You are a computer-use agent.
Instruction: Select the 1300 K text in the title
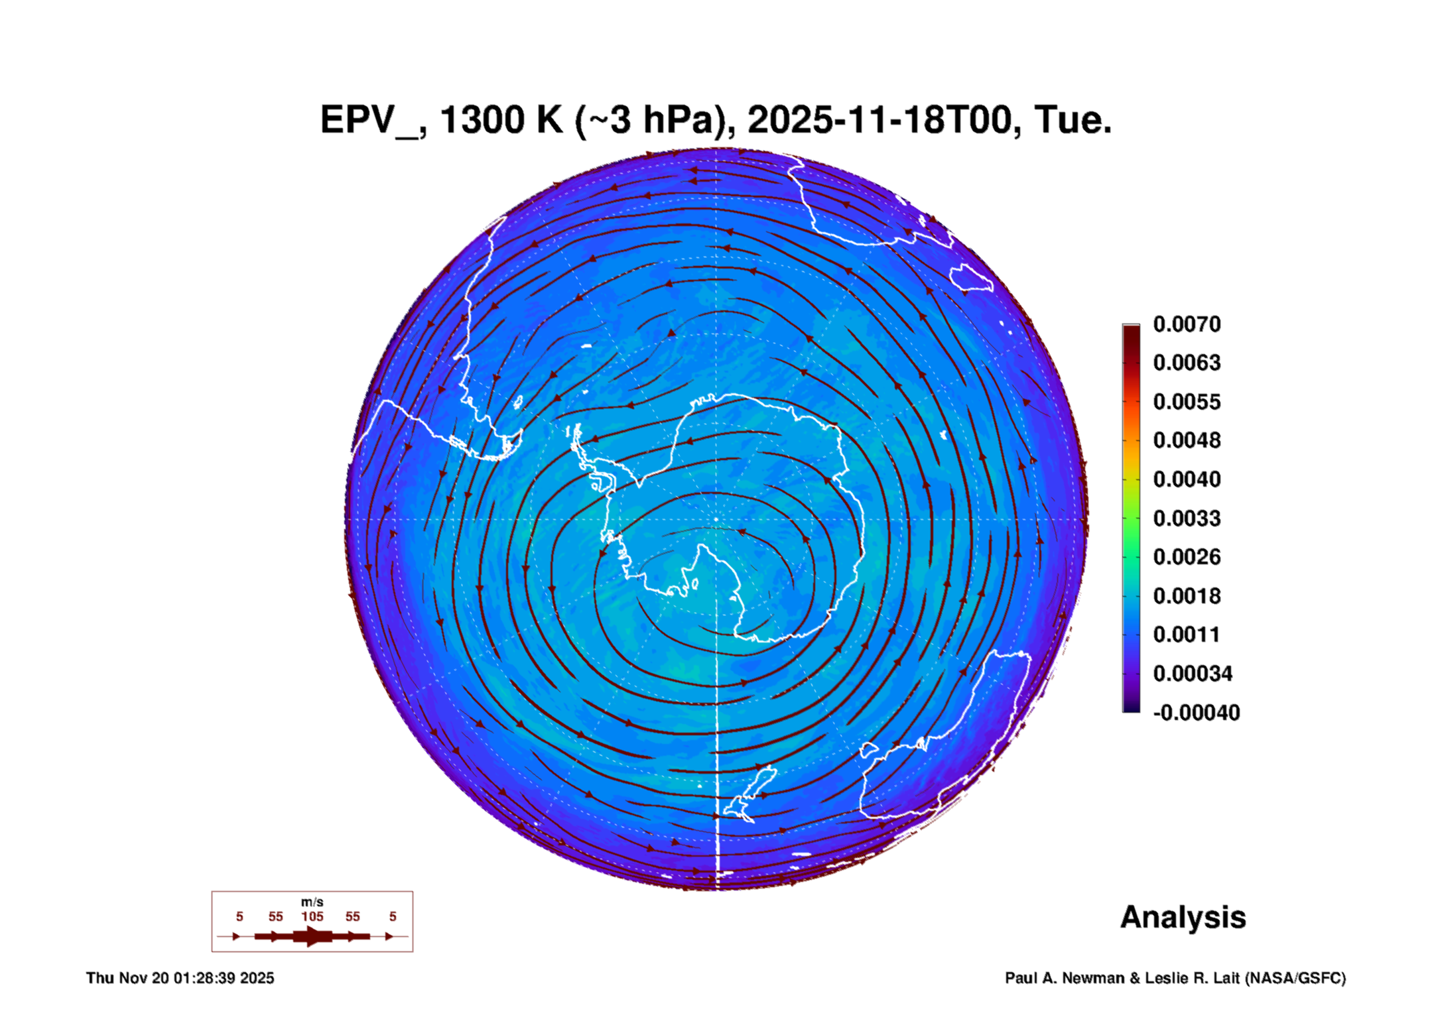coord(501,120)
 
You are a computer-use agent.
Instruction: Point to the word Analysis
coord(1183,917)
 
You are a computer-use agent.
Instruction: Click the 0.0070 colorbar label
coord(1187,324)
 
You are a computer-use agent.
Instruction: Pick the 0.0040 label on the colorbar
coord(1187,479)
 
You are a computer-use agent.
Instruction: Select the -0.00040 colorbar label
coord(1196,713)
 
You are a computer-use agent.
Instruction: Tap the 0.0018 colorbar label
coord(1187,596)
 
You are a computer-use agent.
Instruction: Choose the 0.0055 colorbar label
coord(1187,402)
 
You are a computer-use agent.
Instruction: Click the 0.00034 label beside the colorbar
coord(1193,674)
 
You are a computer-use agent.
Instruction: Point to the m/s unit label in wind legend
coord(312,902)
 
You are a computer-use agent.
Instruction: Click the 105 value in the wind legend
coord(312,916)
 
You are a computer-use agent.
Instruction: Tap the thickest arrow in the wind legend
coord(312,936)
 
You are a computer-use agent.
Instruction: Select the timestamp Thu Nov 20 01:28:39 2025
coord(180,978)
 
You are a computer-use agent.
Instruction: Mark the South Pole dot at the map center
coord(716,519)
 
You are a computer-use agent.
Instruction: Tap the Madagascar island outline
coord(972,277)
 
